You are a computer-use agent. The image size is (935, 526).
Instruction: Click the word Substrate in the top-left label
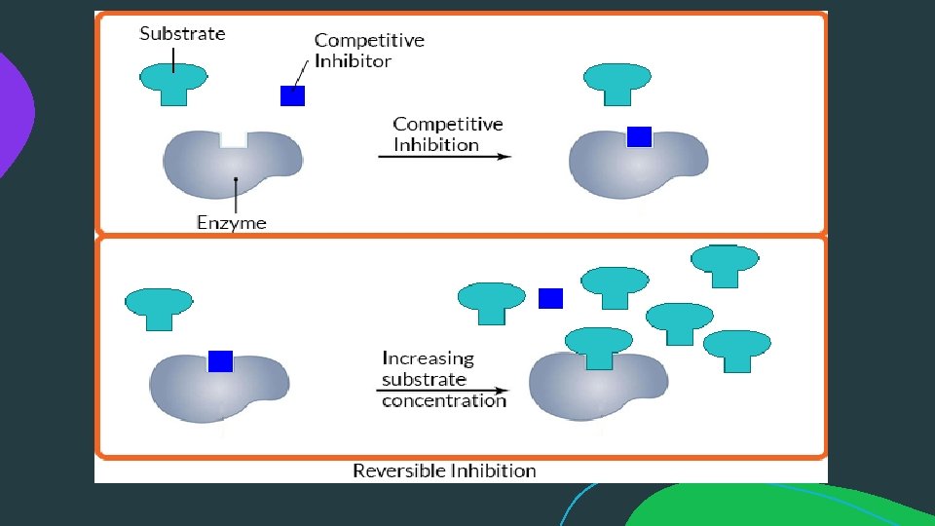[182, 34]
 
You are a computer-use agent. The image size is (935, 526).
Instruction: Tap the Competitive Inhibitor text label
[368, 51]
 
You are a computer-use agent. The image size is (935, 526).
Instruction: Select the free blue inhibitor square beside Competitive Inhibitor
[292, 95]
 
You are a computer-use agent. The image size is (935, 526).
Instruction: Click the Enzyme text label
[231, 223]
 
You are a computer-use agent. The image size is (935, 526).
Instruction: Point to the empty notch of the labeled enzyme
[234, 139]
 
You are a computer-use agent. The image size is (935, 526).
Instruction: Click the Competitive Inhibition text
[447, 134]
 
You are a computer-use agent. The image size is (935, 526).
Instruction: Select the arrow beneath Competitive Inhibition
[443, 157]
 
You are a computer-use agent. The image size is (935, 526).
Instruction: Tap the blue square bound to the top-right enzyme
[639, 137]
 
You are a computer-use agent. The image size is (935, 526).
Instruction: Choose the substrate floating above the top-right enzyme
[617, 83]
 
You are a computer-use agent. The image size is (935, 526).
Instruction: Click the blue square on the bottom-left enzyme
[220, 361]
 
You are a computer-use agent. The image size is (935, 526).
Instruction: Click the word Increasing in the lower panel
[428, 358]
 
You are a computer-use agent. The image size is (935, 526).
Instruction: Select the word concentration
[444, 401]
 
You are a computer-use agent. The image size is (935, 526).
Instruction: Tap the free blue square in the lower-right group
[551, 298]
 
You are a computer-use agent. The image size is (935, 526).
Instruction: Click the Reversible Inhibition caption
[444, 470]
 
